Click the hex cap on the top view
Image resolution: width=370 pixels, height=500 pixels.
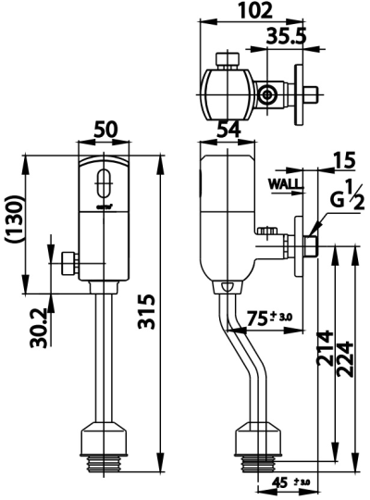[x=226, y=61]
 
